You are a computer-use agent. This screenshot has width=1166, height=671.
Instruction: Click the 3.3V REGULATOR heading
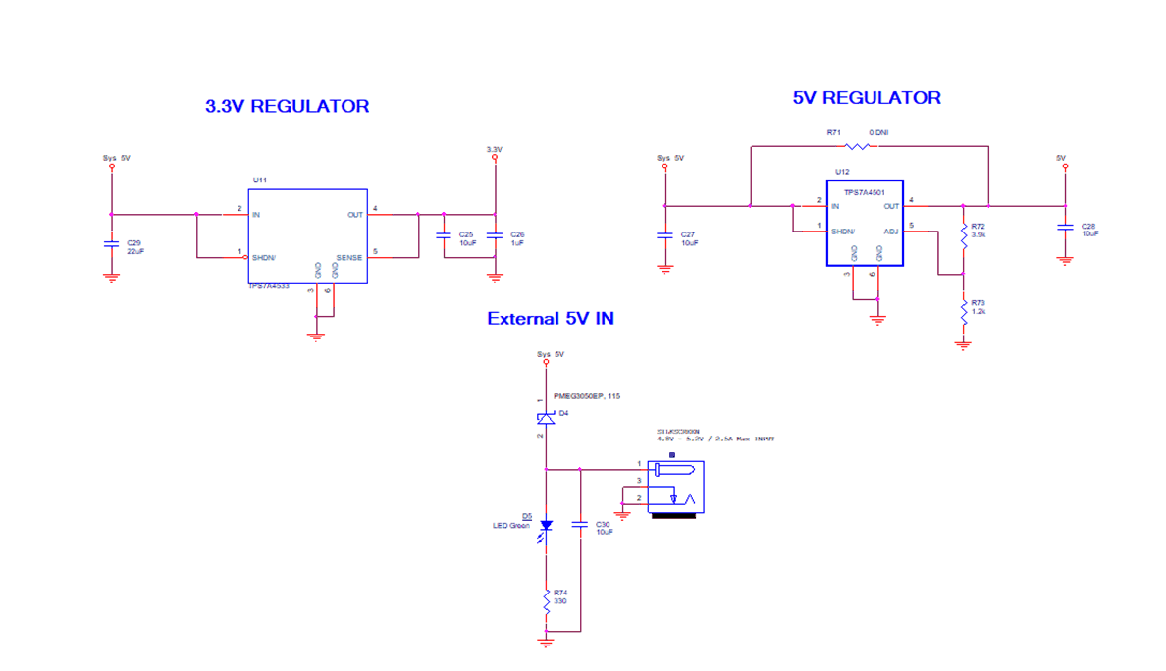[287, 106]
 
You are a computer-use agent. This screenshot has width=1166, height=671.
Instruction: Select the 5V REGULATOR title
[867, 98]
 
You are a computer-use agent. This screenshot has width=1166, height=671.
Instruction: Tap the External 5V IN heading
[551, 319]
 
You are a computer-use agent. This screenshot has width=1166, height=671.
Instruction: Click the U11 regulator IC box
[306, 235]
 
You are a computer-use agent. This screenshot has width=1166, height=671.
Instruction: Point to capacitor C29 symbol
[111, 243]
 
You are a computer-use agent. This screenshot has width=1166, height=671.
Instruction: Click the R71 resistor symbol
[857, 147]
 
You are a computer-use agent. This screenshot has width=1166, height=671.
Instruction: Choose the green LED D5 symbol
[546, 525]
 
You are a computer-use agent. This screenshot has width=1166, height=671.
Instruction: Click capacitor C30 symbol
[580, 526]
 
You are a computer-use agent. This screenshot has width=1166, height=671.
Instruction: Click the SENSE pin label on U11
[349, 258]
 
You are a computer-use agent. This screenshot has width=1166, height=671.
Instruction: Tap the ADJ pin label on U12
[890, 232]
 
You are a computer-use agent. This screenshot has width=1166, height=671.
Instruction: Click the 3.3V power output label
[494, 149]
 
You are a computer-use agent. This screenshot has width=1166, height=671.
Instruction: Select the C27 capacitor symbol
[665, 235]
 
